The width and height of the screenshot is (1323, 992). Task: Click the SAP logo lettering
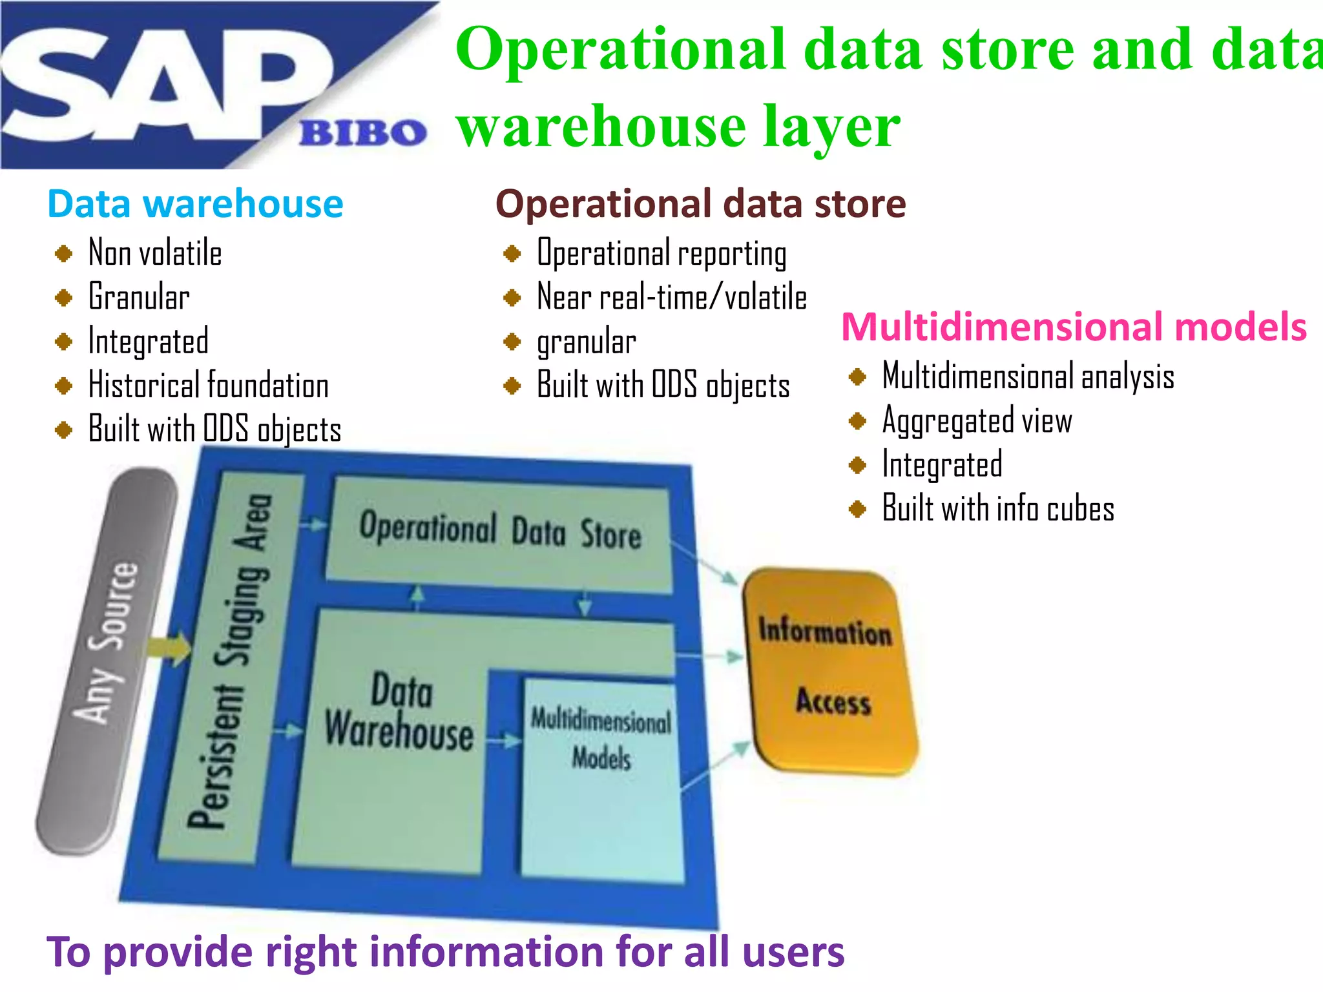161,84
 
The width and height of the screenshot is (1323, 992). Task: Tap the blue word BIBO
362,133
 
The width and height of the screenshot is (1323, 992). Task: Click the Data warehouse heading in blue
195,204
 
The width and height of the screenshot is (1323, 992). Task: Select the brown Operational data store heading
700,204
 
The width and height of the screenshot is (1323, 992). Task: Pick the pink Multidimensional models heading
1074,327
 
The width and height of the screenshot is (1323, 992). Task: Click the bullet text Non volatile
155,253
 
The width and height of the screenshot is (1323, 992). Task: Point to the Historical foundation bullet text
208,386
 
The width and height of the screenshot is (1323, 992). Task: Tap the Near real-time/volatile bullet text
672,297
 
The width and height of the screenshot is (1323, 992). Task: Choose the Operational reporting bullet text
661,253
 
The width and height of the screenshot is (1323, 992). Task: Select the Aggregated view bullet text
977,421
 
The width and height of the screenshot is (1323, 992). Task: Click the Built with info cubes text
998,509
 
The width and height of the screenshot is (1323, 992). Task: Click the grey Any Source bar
107,659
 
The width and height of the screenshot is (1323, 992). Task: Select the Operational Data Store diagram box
499,533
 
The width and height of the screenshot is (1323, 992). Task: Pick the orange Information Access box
830,668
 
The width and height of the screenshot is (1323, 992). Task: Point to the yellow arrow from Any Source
169,648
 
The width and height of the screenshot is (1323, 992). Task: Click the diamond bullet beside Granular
63,297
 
